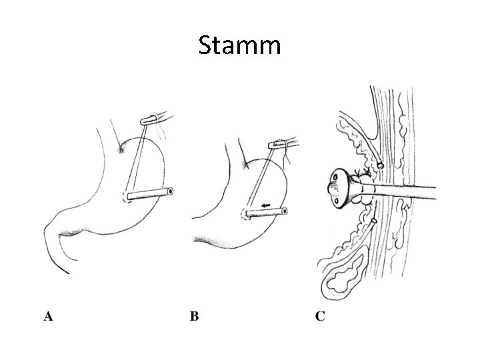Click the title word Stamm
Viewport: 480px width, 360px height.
click(240, 45)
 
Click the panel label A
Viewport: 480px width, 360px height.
click(49, 316)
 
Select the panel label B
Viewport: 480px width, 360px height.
click(194, 316)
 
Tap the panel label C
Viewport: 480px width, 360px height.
click(320, 316)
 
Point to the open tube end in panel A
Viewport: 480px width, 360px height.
click(170, 191)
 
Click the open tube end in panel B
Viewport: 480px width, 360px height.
click(285, 212)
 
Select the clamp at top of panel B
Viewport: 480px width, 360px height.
click(276, 144)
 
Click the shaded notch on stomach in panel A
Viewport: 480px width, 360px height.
click(121, 149)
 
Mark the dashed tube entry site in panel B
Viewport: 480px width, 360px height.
click(243, 215)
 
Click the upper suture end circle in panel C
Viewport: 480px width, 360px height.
click(380, 164)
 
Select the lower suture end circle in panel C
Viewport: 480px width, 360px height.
click(374, 221)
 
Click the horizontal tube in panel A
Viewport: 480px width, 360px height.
click(148, 194)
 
